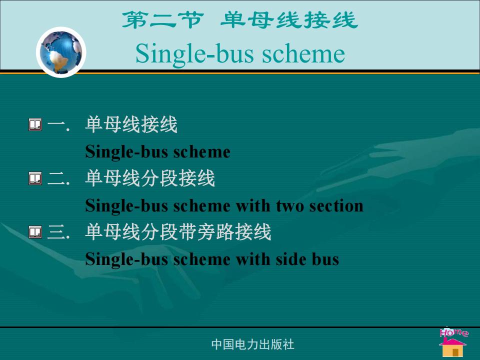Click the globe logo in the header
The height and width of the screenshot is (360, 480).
[x=61, y=52]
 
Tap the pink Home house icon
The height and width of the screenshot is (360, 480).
[x=453, y=342]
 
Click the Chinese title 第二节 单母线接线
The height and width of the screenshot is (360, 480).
[x=239, y=20]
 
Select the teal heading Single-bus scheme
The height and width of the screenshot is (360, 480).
[x=240, y=54]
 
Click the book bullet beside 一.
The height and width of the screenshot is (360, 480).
[x=35, y=125]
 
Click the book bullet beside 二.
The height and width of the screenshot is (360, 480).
[x=35, y=178]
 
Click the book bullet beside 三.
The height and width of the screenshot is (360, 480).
[x=35, y=232]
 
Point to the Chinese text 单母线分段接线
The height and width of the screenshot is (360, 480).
[x=150, y=178]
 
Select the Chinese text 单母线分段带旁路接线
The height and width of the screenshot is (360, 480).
[x=178, y=231]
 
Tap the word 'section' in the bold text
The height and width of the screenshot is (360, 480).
[x=336, y=205]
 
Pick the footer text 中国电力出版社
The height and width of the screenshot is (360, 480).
[x=253, y=344]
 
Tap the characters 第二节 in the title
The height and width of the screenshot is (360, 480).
[x=162, y=20]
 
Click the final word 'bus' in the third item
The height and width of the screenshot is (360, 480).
[x=325, y=259]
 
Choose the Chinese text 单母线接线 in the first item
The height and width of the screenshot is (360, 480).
[x=131, y=124]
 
